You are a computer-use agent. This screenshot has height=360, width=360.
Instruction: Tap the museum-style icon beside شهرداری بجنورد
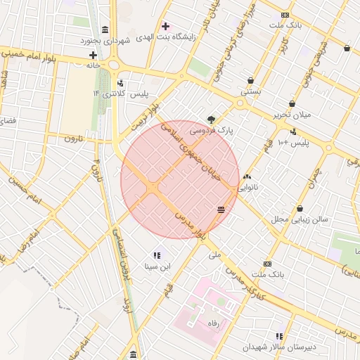coord(105,30)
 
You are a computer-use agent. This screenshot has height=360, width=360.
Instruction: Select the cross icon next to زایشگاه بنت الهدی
coord(165,26)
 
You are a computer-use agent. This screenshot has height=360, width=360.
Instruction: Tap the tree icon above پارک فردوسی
coord(211,119)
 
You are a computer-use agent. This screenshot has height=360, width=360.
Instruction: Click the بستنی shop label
coord(251,91)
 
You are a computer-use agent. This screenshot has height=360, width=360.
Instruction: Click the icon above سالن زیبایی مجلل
coord(301,208)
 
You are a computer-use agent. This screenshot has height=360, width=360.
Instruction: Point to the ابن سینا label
coord(156,266)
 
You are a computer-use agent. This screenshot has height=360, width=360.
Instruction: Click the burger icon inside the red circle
coord(221,210)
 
